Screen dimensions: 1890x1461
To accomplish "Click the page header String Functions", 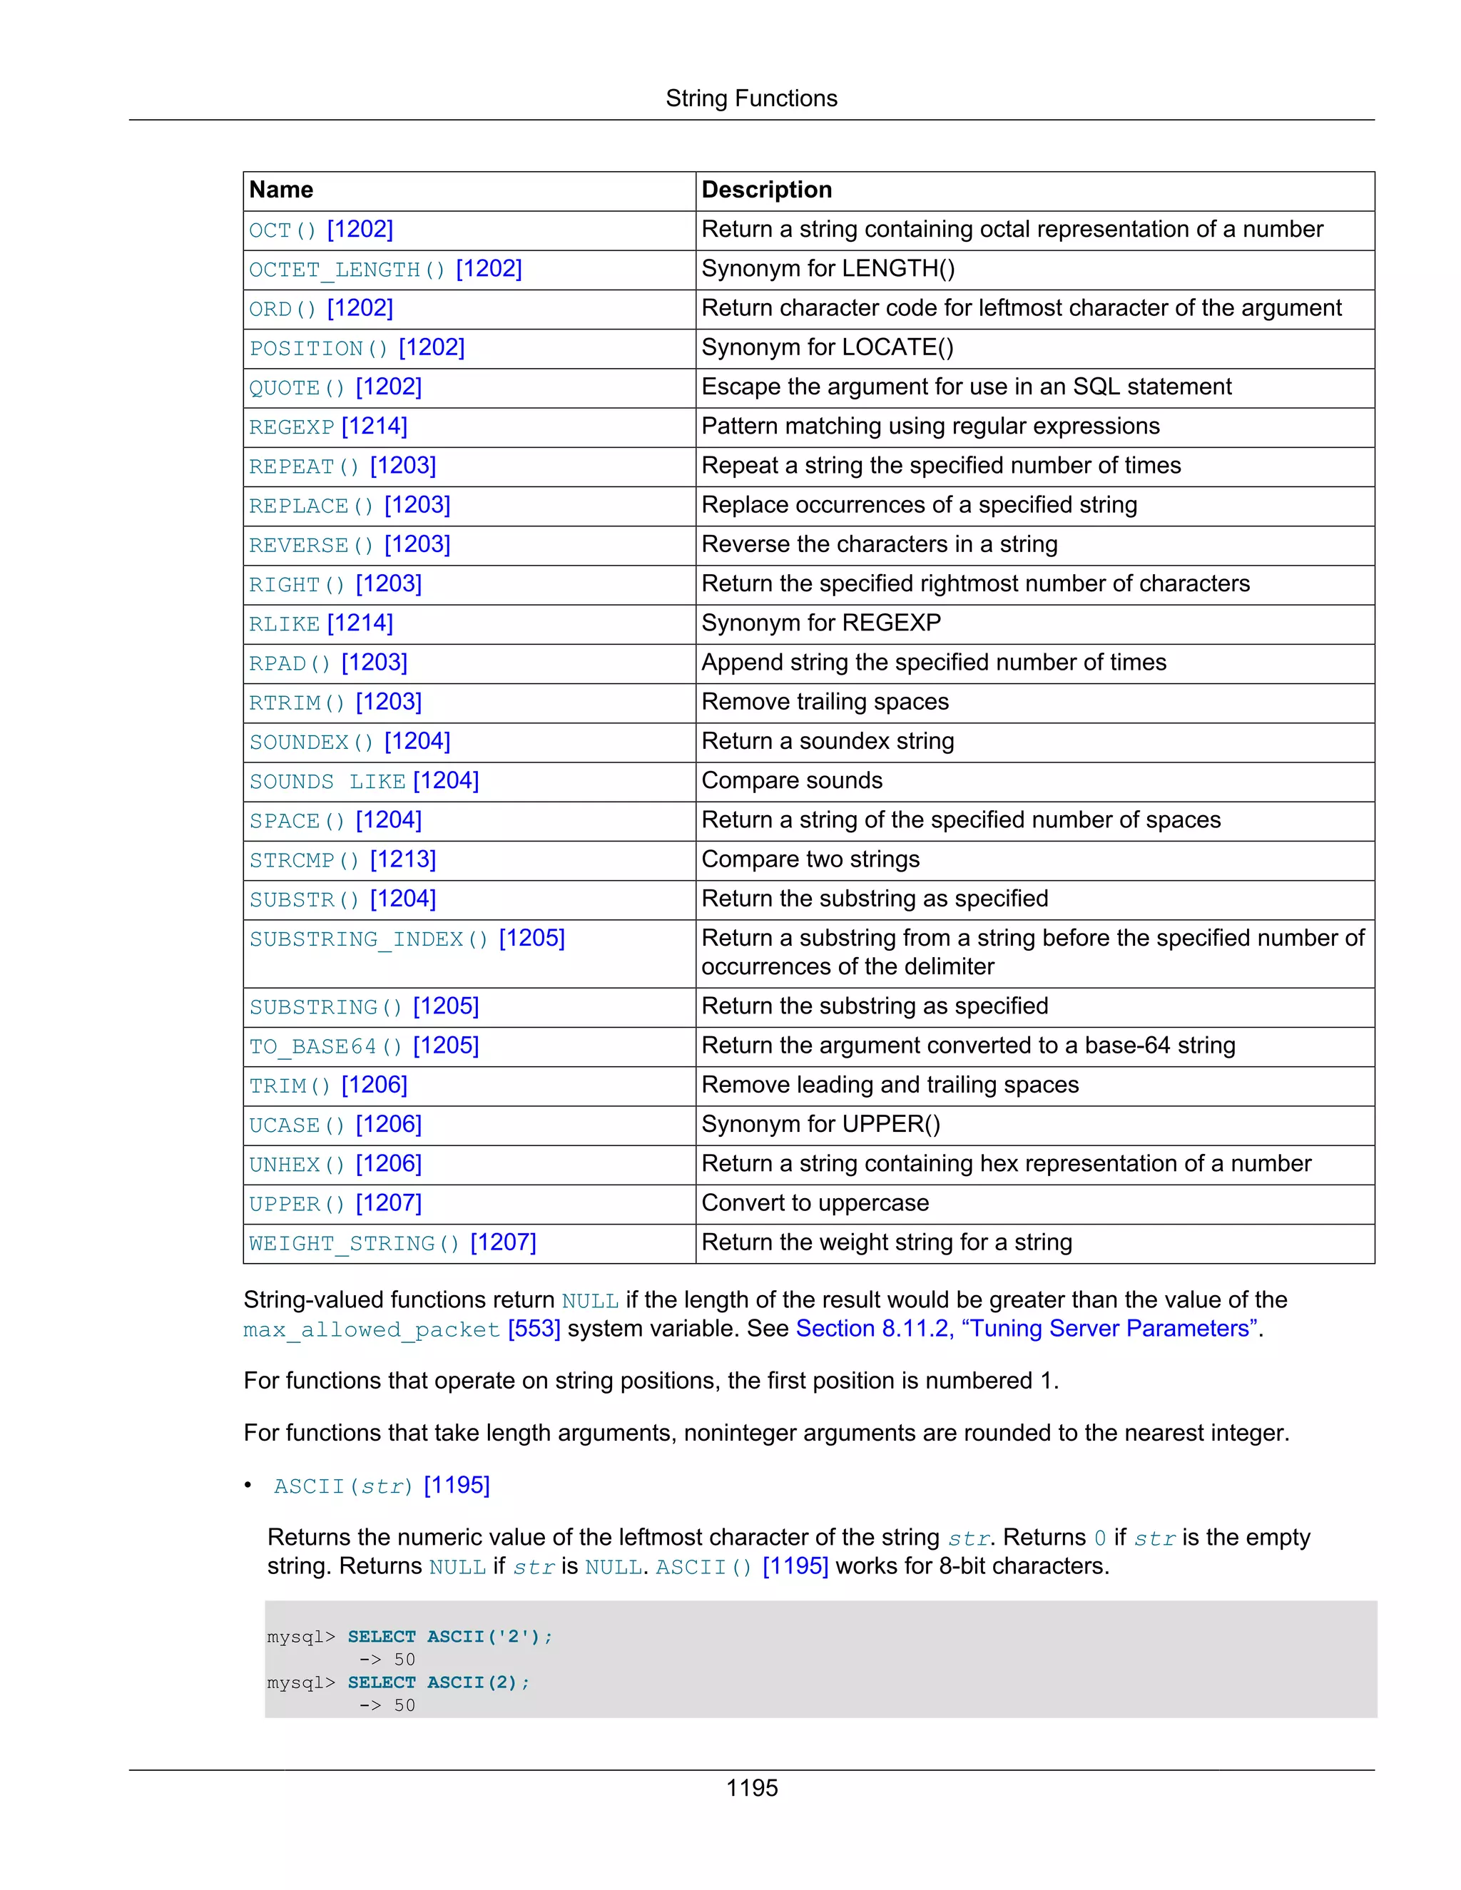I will pos(750,98).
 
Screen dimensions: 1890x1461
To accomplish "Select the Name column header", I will pos(281,190).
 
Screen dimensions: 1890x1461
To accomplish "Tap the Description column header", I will pos(766,190).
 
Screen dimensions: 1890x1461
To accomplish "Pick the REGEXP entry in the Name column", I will pos(292,427).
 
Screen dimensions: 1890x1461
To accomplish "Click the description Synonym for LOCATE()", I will pos(827,348).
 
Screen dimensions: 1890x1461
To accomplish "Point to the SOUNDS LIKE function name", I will pos(327,782).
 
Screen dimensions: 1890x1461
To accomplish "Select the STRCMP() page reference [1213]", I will pos(402,860).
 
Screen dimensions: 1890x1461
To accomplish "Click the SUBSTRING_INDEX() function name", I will pos(369,939).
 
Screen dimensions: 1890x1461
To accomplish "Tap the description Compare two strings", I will pos(810,859).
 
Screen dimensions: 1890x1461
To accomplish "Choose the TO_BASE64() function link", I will pos(325,1046).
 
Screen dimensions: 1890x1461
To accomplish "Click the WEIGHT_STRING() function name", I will pos(354,1244).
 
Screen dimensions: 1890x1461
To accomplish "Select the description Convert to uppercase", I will pos(815,1203).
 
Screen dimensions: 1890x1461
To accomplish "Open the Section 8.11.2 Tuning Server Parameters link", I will pos(1027,1329).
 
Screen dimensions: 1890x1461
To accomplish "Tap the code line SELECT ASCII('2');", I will pos(449,1636).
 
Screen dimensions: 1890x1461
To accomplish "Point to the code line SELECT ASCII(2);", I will pos(438,1682).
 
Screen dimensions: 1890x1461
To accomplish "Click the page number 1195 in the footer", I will pos(751,1788).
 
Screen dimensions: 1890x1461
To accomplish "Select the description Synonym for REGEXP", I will pos(820,623).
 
